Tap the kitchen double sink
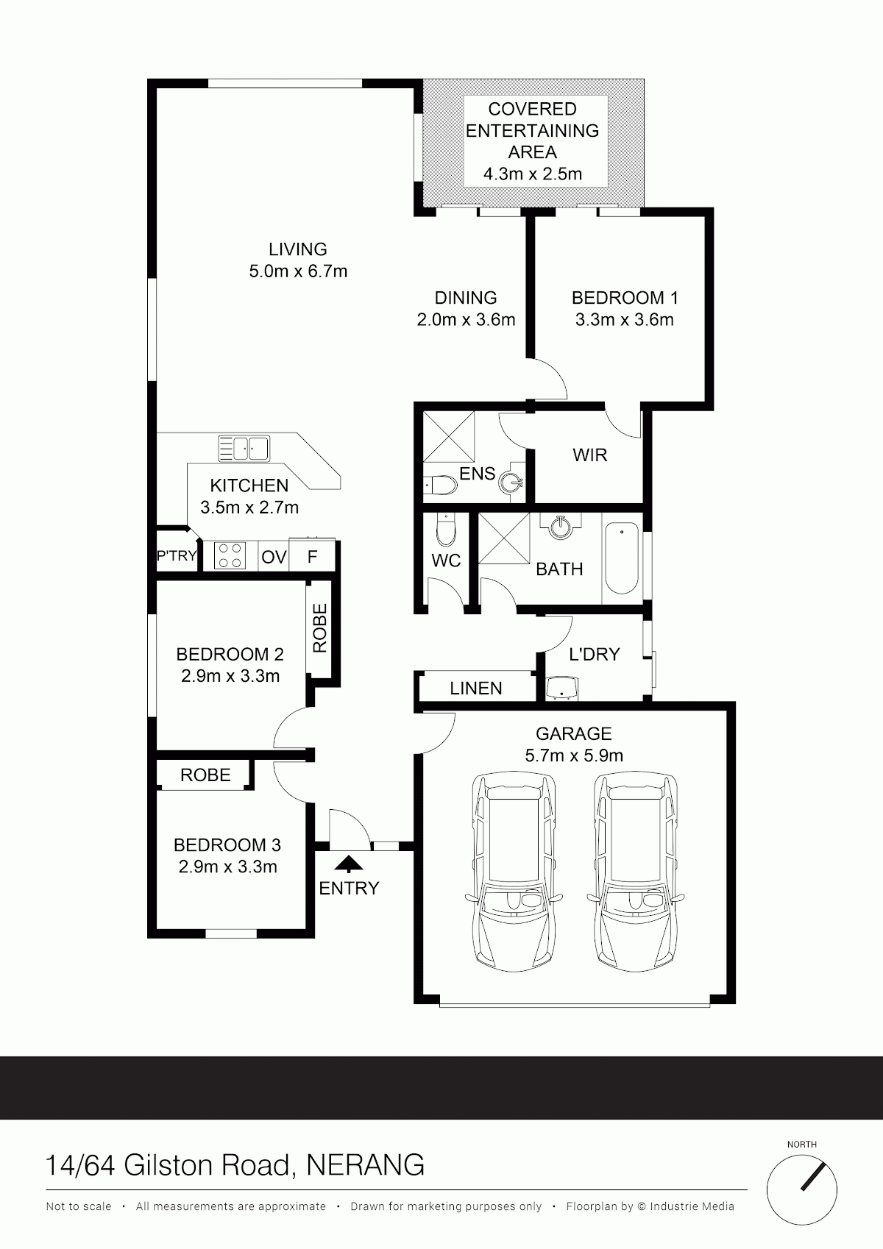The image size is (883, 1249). (x=244, y=448)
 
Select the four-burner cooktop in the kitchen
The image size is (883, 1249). (x=230, y=555)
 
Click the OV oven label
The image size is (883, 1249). (x=274, y=557)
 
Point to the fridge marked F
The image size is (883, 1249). (x=313, y=555)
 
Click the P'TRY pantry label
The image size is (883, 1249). (x=177, y=555)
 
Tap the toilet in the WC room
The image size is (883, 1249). (x=446, y=530)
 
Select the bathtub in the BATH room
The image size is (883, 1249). (x=622, y=558)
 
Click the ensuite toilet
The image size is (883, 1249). (x=441, y=485)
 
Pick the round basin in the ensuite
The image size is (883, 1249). (x=511, y=481)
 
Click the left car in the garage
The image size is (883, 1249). (x=513, y=872)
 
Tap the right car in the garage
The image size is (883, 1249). (x=635, y=872)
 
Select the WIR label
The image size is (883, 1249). (x=589, y=455)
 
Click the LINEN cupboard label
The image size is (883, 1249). (x=476, y=688)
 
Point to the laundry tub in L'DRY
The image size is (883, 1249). (x=561, y=688)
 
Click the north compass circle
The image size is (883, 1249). (x=801, y=1190)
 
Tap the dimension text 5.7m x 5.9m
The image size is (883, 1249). (x=574, y=755)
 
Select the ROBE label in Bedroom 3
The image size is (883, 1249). (x=205, y=775)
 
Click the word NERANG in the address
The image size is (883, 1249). (x=366, y=1165)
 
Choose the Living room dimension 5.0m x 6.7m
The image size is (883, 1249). (x=298, y=271)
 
